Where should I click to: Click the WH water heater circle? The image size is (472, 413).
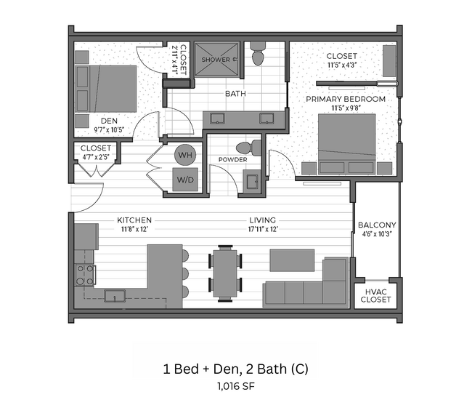(184, 155)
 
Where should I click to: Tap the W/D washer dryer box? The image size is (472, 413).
(184, 180)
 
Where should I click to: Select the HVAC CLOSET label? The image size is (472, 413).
(375, 294)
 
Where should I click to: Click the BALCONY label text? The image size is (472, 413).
(376, 225)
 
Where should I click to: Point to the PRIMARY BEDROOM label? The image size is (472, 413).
(345, 99)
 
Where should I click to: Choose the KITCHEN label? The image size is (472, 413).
(134, 220)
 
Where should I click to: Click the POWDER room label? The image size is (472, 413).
(232, 159)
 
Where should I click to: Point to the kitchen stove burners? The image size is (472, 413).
(85, 274)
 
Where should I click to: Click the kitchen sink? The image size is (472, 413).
(115, 294)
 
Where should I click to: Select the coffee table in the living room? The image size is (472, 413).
(292, 260)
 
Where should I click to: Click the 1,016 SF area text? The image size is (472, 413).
(235, 386)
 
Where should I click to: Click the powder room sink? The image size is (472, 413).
(251, 179)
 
